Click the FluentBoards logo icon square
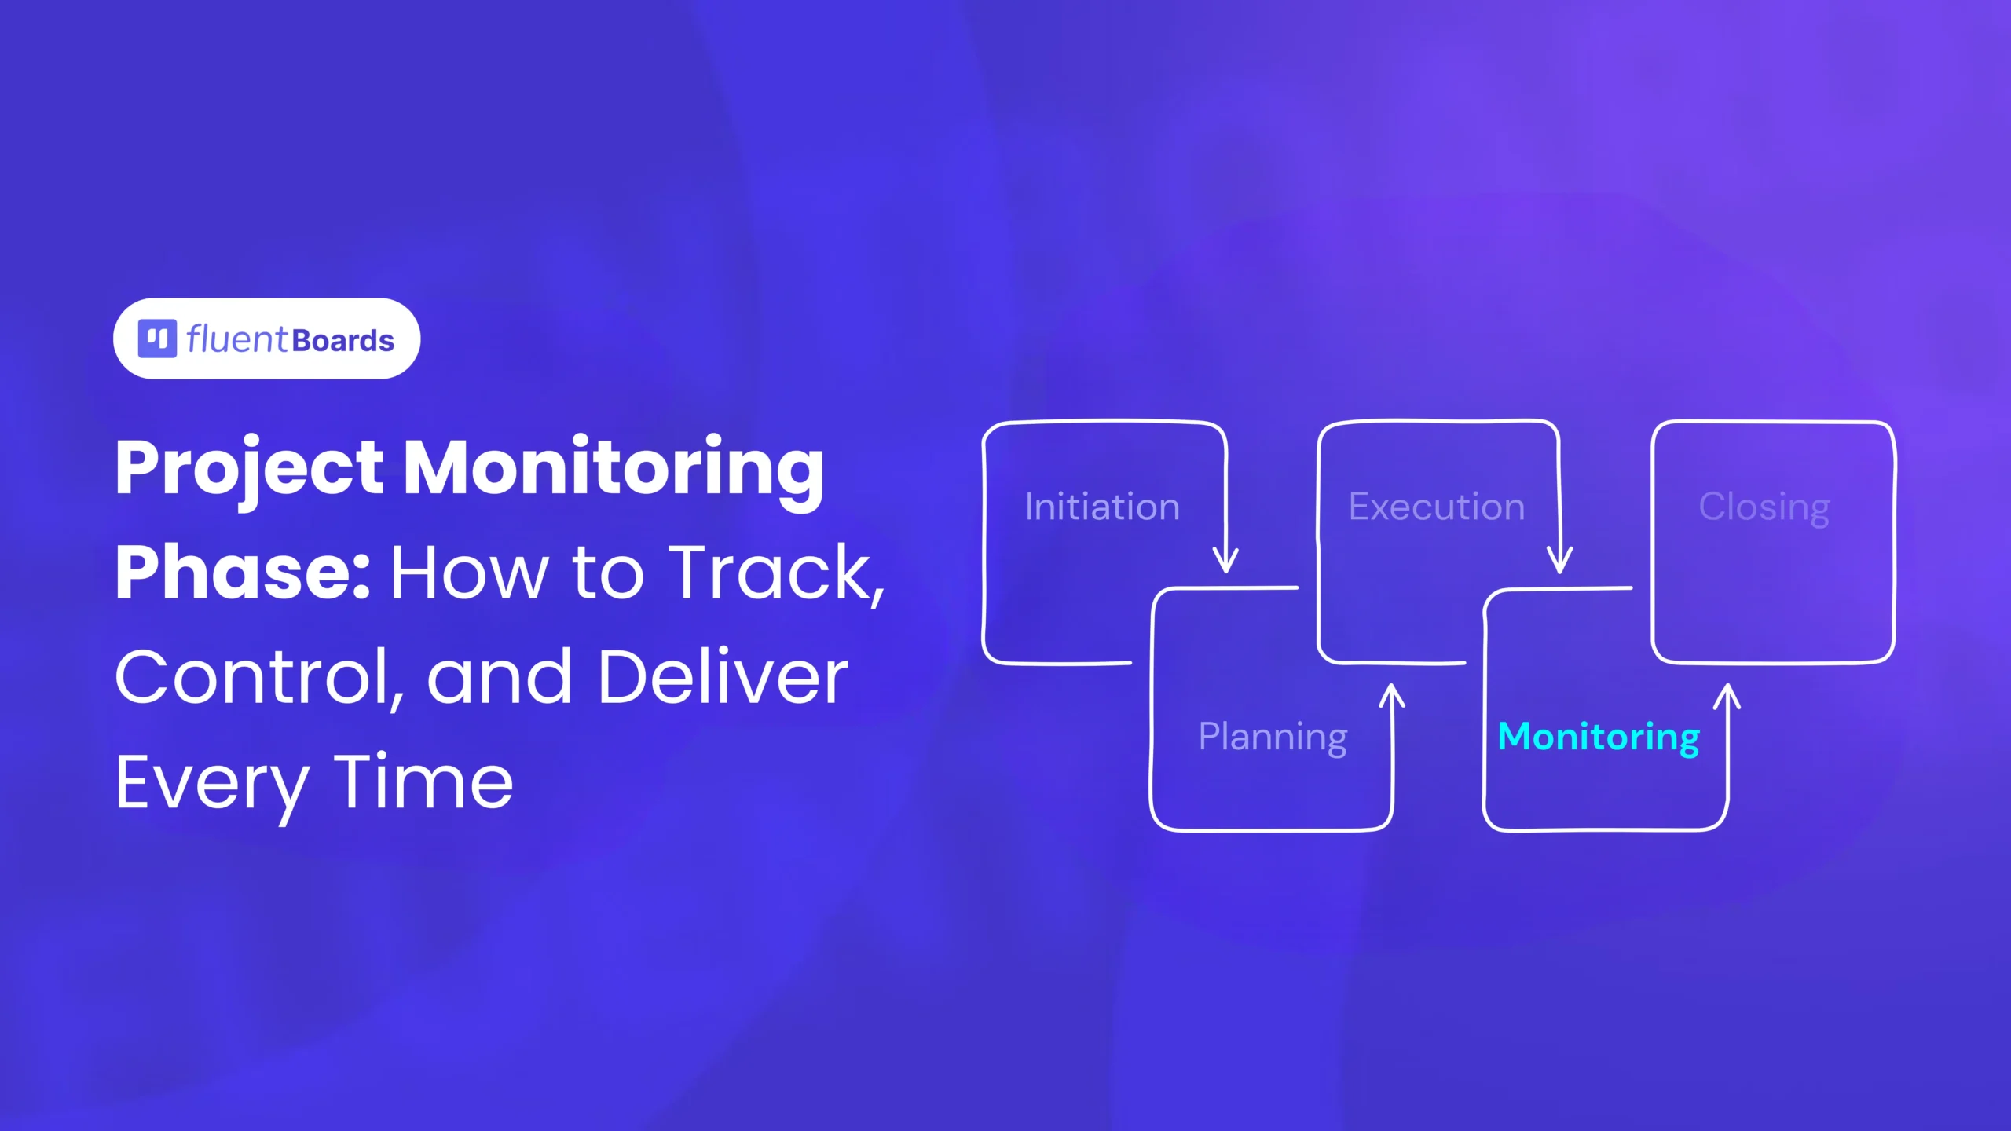click(157, 339)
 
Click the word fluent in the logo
click(237, 339)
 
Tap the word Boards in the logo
click(342, 341)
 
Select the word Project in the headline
click(250, 470)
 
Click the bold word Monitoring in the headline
click(614, 470)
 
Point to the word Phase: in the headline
click(242, 573)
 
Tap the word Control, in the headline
click(260, 679)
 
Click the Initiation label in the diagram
click(1102, 507)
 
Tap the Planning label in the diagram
click(1273, 738)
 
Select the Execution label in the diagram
click(1437, 507)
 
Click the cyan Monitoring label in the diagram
click(1599, 738)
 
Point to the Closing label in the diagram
click(1764, 507)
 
